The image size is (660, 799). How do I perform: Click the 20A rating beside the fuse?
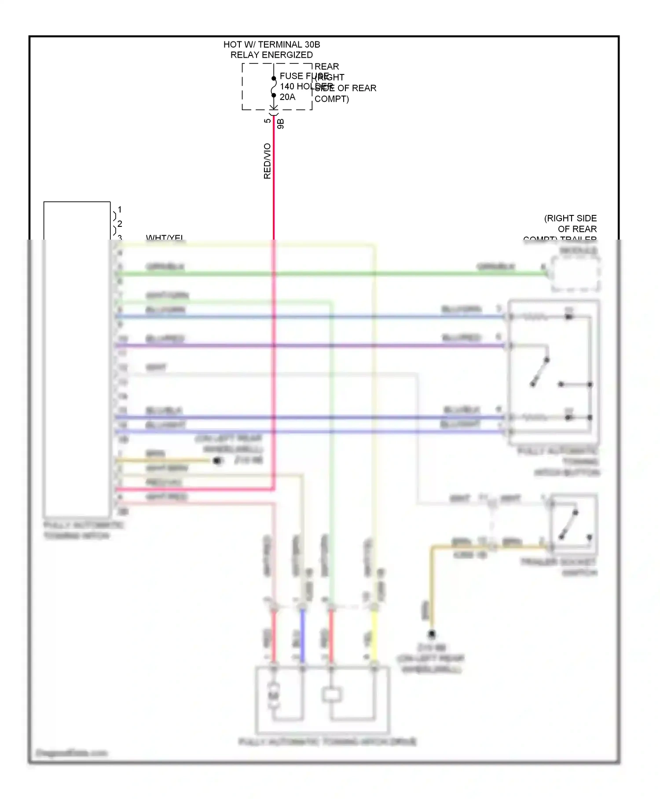[x=287, y=97]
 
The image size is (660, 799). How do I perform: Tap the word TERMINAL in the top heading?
[x=280, y=44]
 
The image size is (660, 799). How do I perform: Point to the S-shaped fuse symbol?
[x=274, y=87]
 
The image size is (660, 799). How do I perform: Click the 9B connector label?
[x=281, y=124]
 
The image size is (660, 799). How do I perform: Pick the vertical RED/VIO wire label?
[x=267, y=161]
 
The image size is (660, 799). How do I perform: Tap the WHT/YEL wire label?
[x=165, y=238]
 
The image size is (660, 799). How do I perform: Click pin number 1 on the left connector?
[x=120, y=210]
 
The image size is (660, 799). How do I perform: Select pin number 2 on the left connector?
[x=120, y=224]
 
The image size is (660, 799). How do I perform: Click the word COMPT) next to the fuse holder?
[x=332, y=99]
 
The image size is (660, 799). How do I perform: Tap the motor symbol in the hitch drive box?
[x=274, y=695]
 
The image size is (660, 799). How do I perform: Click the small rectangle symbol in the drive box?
[x=331, y=695]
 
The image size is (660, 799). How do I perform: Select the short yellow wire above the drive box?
[x=374, y=636]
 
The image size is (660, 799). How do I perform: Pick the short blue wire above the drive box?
[x=302, y=636]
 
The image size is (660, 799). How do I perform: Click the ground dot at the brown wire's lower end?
[x=432, y=634]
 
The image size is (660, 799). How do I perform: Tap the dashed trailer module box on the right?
[x=576, y=274]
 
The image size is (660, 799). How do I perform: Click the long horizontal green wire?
[x=330, y=274]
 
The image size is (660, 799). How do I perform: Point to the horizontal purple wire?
[x=308, y=346]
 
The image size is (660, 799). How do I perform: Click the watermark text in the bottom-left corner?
[x=71, y=753]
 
